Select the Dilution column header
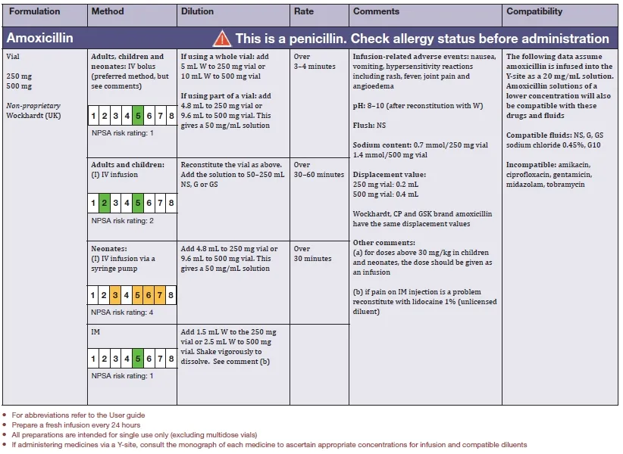pos(197,11)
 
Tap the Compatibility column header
pos(534,11)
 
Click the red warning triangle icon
pos(221,38)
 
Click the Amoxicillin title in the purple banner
pos(39,38)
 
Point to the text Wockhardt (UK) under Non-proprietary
pos(32,116)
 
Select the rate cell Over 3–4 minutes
pos(312,61)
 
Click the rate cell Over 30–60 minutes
pos(318,169)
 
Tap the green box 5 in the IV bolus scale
pos(137,116)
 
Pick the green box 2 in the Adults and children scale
pos(104,203)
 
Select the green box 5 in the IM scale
pos(137,359)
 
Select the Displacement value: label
pos(388,174)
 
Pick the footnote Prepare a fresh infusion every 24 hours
pos(79,424)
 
